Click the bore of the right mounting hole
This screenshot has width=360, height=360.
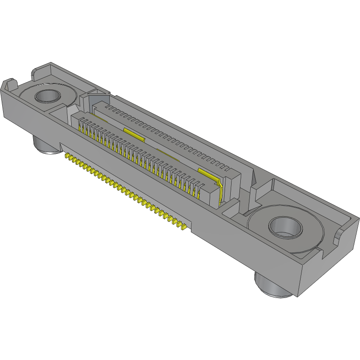[x=286, y=227]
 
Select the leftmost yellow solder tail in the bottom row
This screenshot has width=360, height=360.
[x=67, y=155]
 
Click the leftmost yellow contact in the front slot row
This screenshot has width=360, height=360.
[x=80, y=126]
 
